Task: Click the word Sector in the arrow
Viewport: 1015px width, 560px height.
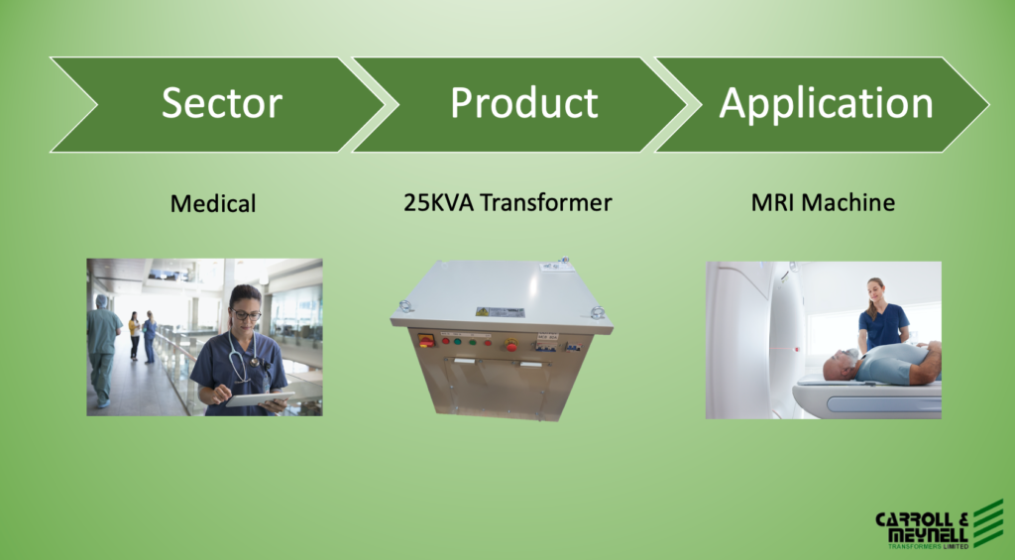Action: [222, 103]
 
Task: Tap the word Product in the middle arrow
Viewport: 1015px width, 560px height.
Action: [524, 102]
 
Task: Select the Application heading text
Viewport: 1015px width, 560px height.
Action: [826, 105]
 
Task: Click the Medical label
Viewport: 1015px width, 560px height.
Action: [213, 204]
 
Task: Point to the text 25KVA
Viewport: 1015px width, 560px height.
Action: [439, 202]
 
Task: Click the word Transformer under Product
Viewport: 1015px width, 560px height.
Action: [546, 202]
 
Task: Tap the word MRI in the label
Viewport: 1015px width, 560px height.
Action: [773, 202]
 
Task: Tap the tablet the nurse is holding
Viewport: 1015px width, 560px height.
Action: [259, 398]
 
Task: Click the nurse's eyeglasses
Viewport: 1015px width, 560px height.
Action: [246, 314]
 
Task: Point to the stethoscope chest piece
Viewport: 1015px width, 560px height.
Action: [255, 362]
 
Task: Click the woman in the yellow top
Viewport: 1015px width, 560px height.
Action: [134, 335]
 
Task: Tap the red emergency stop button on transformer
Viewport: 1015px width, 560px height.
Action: [511, 344]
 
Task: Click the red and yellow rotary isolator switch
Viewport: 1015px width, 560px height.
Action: [426, 340]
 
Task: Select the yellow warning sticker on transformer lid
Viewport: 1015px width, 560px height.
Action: [483, 311]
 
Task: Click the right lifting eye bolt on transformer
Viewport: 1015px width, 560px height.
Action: [597, 312]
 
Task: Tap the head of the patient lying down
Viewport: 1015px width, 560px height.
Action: [840, 366]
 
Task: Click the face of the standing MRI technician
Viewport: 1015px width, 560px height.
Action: [875, 290]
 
